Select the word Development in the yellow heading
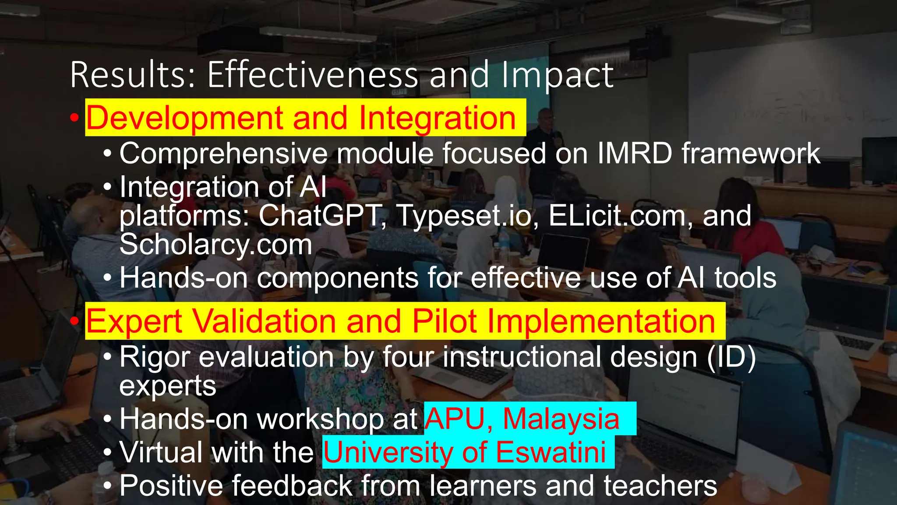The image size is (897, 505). [x=184, y=118]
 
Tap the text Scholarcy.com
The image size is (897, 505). [x=215, y=244]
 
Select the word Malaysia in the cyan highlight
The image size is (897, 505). [x=561, y=419]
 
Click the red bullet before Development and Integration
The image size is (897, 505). [x=74, y=118]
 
